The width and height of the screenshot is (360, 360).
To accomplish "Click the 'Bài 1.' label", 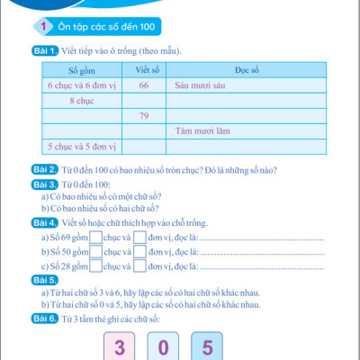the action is click(x=46, y=51).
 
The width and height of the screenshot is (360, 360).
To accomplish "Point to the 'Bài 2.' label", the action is click(x=46, y=169).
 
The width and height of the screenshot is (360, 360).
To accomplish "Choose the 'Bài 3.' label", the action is click(x=46, y=184).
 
